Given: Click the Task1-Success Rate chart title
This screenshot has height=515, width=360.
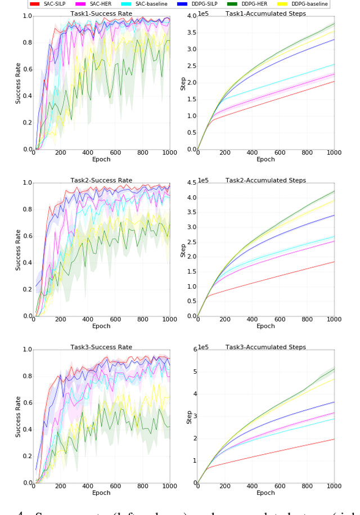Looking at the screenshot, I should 101,14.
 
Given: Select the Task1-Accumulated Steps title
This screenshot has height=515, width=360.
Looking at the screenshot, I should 265,14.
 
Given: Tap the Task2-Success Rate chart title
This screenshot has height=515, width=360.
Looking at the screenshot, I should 101,181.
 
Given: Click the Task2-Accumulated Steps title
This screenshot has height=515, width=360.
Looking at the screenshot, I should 265,181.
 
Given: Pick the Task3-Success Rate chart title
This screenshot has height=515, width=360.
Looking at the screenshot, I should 101,347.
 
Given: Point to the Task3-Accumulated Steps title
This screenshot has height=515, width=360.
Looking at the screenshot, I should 265,347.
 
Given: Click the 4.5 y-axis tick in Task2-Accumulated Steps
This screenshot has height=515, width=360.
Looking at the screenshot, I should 190,183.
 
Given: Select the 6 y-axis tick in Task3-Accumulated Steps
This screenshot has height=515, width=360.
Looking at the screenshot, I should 192,350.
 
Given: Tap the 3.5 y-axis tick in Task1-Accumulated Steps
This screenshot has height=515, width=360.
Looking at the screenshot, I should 190,33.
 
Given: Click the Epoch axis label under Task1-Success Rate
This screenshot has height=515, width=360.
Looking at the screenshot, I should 101,159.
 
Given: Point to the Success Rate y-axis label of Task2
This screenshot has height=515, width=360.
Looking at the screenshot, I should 18,249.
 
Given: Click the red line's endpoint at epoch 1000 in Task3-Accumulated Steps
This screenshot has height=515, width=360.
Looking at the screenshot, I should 334,439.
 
